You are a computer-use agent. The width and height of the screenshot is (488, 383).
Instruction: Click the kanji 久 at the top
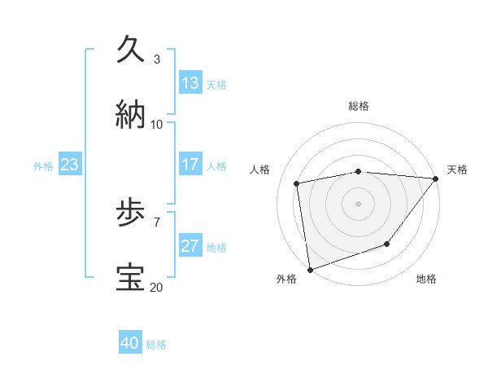click(132, 50)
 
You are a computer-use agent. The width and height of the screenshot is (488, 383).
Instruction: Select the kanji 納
click(132, 113)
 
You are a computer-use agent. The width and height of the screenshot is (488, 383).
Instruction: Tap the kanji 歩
click(132, 214)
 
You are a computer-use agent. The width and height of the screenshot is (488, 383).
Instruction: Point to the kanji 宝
click(132, 277)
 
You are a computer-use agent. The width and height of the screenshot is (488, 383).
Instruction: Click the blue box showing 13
click(190, 83)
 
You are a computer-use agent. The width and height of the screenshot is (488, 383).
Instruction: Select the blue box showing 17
click(190, 165)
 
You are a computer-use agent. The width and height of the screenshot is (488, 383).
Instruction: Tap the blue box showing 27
click(190, 246)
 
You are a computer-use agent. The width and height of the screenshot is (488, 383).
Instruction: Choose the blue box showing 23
click(69, 165)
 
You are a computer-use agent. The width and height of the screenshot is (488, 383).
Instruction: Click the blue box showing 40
click(130, 343)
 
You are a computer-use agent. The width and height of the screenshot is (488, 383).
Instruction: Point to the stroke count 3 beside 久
click(157, 59)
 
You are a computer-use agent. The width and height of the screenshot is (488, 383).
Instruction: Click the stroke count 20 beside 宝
click(156, 287)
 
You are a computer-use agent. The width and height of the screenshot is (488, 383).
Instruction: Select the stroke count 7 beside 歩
click(157, 222)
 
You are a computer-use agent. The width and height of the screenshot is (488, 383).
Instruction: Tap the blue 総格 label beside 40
click(156, 345)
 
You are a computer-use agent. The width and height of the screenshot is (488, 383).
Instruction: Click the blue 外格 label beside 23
click(43, 166)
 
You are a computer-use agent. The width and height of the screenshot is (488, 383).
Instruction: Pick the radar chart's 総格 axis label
click(359, 106)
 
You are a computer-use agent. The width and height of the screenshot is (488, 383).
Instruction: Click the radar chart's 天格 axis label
click(457, 169)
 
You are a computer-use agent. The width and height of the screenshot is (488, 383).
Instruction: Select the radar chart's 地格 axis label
click(426, 279)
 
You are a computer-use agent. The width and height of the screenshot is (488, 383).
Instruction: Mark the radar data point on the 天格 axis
click(436, 178)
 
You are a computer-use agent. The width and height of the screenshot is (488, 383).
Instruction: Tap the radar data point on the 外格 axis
click(310, 269)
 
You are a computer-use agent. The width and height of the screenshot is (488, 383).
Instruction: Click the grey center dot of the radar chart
click(359, 203)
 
